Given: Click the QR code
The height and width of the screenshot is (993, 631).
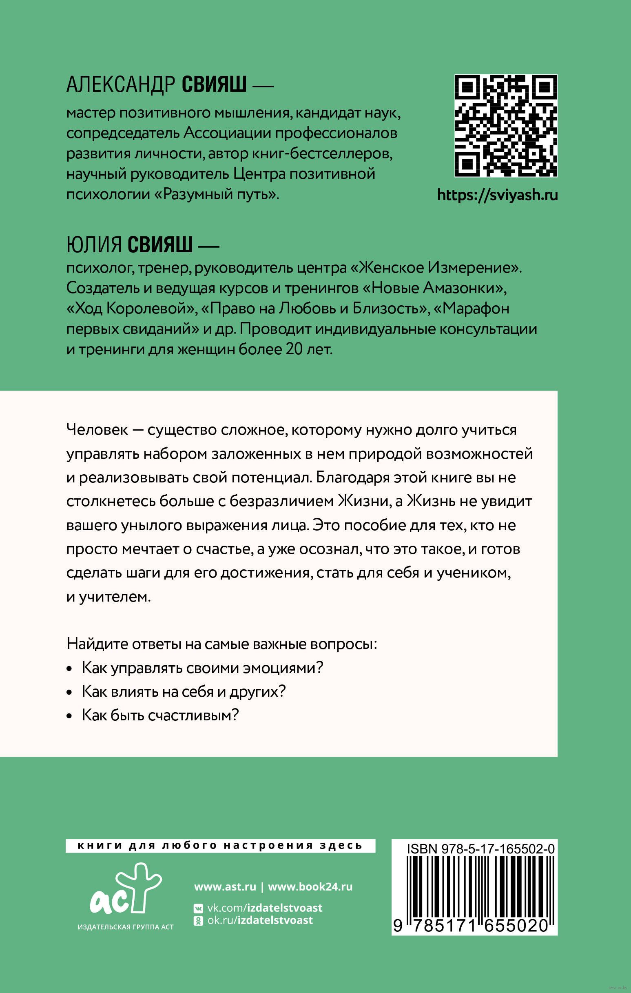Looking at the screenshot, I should click(x=506, y=126).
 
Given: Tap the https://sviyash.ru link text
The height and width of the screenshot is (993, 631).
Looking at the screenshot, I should click(x=498, y=195).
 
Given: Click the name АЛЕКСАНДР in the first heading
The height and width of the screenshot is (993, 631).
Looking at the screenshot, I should click(x=121, y=84).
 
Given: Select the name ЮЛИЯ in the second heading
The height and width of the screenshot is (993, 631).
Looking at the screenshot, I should click(x=94, y=244).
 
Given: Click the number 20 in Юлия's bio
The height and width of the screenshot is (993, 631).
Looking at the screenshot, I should click(x=294, y=349).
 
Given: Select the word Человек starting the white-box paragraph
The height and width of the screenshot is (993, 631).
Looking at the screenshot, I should click(x=97, y=430).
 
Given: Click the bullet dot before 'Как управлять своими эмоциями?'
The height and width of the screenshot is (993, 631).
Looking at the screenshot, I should click(x=70, y=669).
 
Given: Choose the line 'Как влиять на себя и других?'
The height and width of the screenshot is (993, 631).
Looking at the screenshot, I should click(x=184, y=691).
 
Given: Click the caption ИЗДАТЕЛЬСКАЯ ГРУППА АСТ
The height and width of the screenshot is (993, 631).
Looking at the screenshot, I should click(x=126, y=927).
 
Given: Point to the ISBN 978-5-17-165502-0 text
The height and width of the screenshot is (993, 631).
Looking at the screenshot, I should click(x=480, y=849).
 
